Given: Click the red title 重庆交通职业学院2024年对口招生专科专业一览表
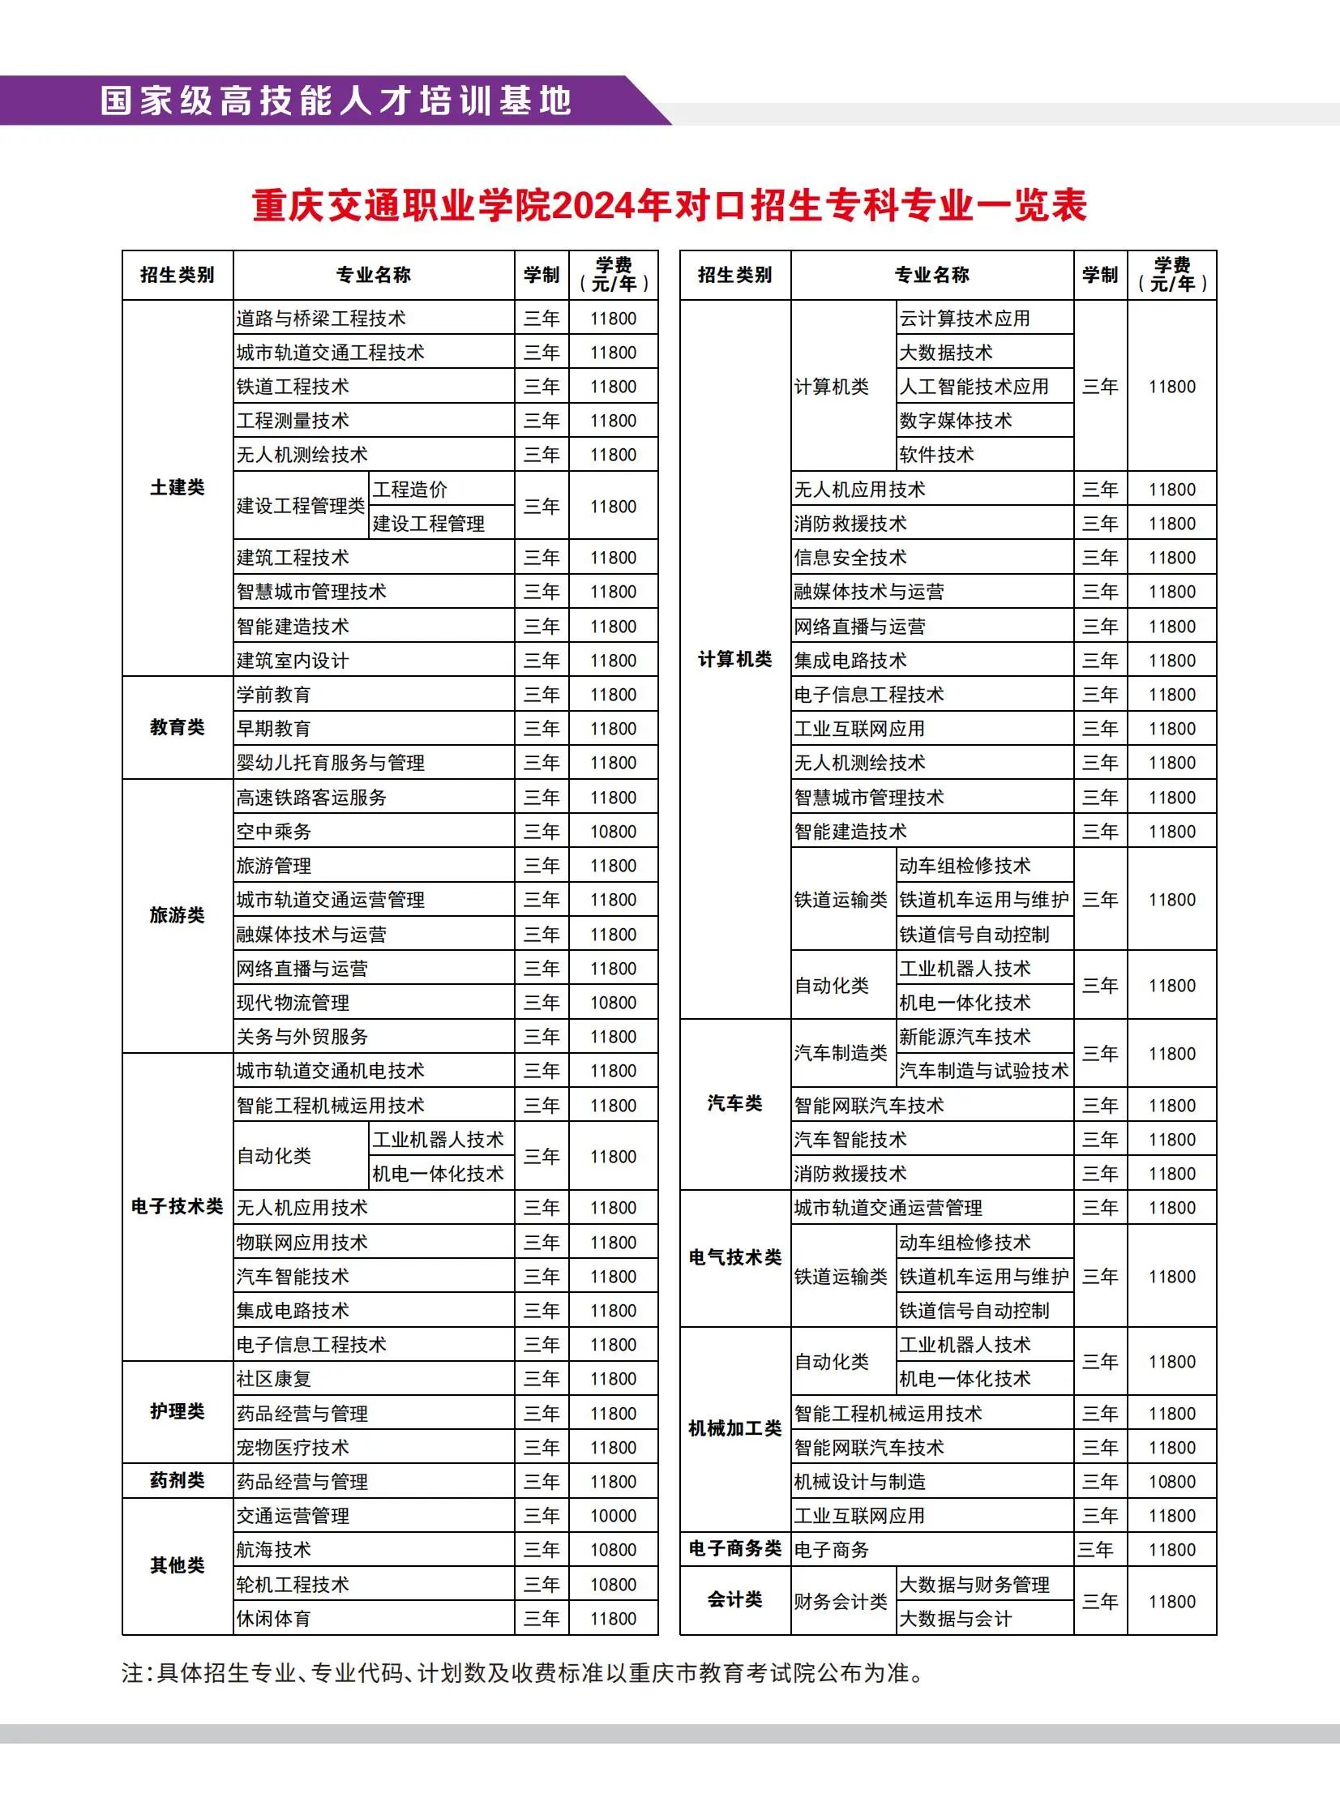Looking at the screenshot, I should pos(669,205).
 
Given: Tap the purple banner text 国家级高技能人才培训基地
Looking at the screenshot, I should pos(336,101).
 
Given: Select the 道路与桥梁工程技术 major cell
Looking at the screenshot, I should pos(321,319).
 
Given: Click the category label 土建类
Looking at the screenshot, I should pos(178,487).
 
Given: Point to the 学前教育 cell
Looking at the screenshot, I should pos(273,695).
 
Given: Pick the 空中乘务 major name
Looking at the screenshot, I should pos(273,832).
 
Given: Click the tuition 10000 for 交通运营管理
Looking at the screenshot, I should pos(613,1516).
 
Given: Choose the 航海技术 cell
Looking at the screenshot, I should pos(273,1550).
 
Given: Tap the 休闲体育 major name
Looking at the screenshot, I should pos(273,1619).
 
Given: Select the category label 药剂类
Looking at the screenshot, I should pos(178,1481).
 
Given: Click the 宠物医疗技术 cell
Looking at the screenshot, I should pos(293,1448).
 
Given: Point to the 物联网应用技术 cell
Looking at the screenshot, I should pos(302,1243).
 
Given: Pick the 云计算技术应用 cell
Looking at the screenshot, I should pos(965,319).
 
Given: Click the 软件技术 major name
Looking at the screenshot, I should pos(936,455).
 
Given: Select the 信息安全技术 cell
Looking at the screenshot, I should pos(850,558).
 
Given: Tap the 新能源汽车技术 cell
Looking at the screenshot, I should pos(965,1037).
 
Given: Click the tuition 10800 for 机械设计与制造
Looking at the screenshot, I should pos(1172,1482).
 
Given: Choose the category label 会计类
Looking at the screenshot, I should pos(735,1599).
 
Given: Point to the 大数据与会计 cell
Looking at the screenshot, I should pos(956,1619).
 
